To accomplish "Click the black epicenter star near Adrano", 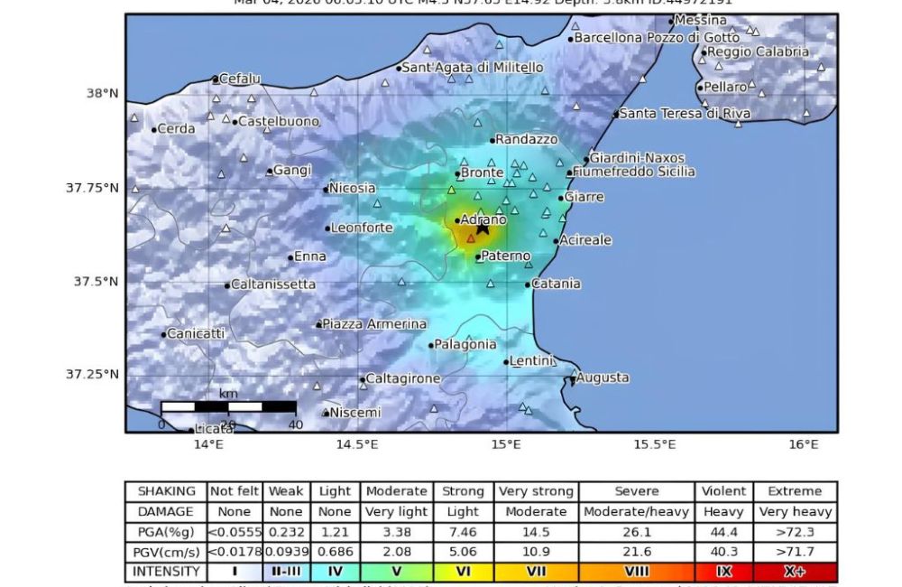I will point(483,228).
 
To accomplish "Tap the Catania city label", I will point(557,284).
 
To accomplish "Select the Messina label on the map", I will point(701,20).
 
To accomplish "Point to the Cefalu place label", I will point(239,79).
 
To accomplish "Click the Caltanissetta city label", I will point(273,284).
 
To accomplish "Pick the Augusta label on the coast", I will point(603,377).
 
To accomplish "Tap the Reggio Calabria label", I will point(758,52).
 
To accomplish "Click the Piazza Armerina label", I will point(374,324).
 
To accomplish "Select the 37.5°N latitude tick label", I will point(96,282).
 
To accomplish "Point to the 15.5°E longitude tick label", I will point(654,445).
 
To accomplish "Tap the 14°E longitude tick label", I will point(208,445).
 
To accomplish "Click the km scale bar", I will point(228,407).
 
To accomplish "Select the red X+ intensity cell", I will point(795,572).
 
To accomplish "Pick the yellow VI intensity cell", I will point(463,572).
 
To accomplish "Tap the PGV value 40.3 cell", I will point(724,552).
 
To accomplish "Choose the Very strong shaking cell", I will point(536,491).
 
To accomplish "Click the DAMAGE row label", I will point(166,512).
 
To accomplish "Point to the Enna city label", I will point(310,256).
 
